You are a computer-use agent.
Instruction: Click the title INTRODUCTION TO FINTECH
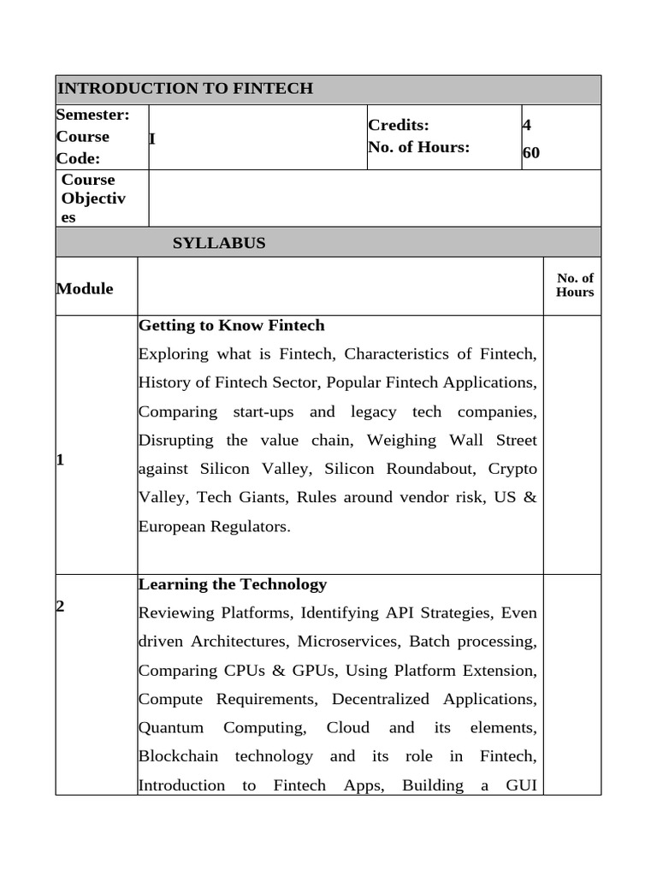[x=185, y=89]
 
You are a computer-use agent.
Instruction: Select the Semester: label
[x=92, y=115]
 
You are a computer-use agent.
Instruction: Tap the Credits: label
[x=399, y=125]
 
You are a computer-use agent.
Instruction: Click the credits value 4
[x=527, y=125]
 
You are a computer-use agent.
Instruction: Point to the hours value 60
[x=531, y=153]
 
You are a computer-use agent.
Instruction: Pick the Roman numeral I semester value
[x=152, y=139]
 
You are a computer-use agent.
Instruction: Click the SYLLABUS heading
[x=219, y=243]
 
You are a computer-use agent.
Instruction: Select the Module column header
[x=85, y=288]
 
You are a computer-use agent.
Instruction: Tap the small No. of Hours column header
[x=574, y=285]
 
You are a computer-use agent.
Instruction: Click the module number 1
[x=60, y=459]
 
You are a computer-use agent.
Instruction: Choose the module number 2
[x=60, y=606]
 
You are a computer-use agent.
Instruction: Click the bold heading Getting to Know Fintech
[x=232, y=325]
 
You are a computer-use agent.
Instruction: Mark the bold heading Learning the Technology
[x=233, y=584]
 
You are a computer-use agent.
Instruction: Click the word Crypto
[x=512, y=469]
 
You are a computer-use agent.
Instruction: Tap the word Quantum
[x=171, y=727]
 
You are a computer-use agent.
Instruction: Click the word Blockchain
[x=178, y=756]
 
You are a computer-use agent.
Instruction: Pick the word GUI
[x=521, y=785]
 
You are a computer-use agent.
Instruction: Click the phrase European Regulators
[x=214, y=526]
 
